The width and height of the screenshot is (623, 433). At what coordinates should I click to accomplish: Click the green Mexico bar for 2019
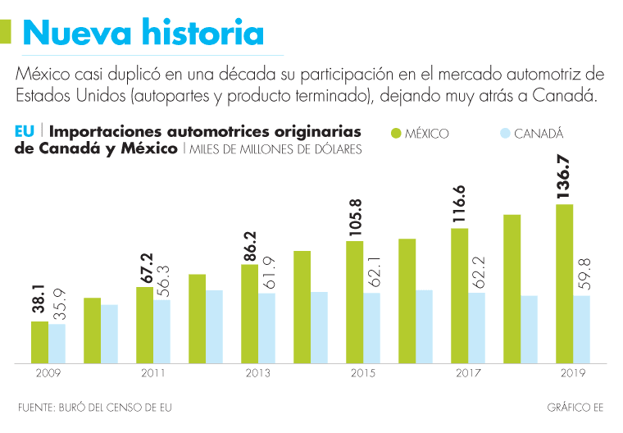click(x=564, y=283)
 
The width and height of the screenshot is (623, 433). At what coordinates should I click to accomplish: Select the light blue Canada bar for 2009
click(x=57, y=343)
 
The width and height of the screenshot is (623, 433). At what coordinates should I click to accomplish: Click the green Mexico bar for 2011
click(x=144, y=324)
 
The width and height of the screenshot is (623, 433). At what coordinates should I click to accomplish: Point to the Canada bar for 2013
click(x=266, y=327)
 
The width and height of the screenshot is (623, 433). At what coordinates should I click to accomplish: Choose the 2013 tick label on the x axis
click(x=258, y=373)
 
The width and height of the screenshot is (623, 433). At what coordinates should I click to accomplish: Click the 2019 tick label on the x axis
click(x=572, y=373)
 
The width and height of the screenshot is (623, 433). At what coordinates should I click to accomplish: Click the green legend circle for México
click(x=396, y=133)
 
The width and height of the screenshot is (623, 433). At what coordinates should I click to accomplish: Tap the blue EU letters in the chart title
click(x=24, y=132)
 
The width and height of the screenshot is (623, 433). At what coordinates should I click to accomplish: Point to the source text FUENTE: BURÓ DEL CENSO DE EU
click(x=95, y=408)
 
